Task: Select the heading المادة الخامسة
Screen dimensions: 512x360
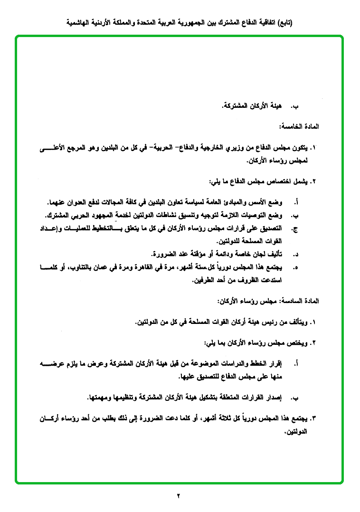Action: [x=300, y=127]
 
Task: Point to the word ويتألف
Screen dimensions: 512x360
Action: [x=294, y=322]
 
